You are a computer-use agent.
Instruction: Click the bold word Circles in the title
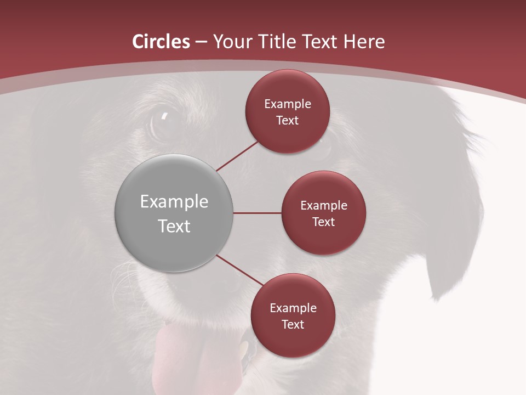coord(161,42)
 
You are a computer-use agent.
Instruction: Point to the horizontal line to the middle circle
coord(258,213)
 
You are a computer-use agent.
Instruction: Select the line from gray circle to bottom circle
coord(239,270)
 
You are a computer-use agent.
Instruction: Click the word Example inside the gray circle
coord(174,202)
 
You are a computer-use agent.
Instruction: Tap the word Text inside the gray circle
coord(174,226)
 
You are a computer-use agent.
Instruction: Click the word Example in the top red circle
coord(288,104)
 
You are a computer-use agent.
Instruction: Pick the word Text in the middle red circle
coord(324,222)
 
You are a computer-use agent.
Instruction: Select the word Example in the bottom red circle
coord(293,308)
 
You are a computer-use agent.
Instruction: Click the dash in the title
coord(201,42)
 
